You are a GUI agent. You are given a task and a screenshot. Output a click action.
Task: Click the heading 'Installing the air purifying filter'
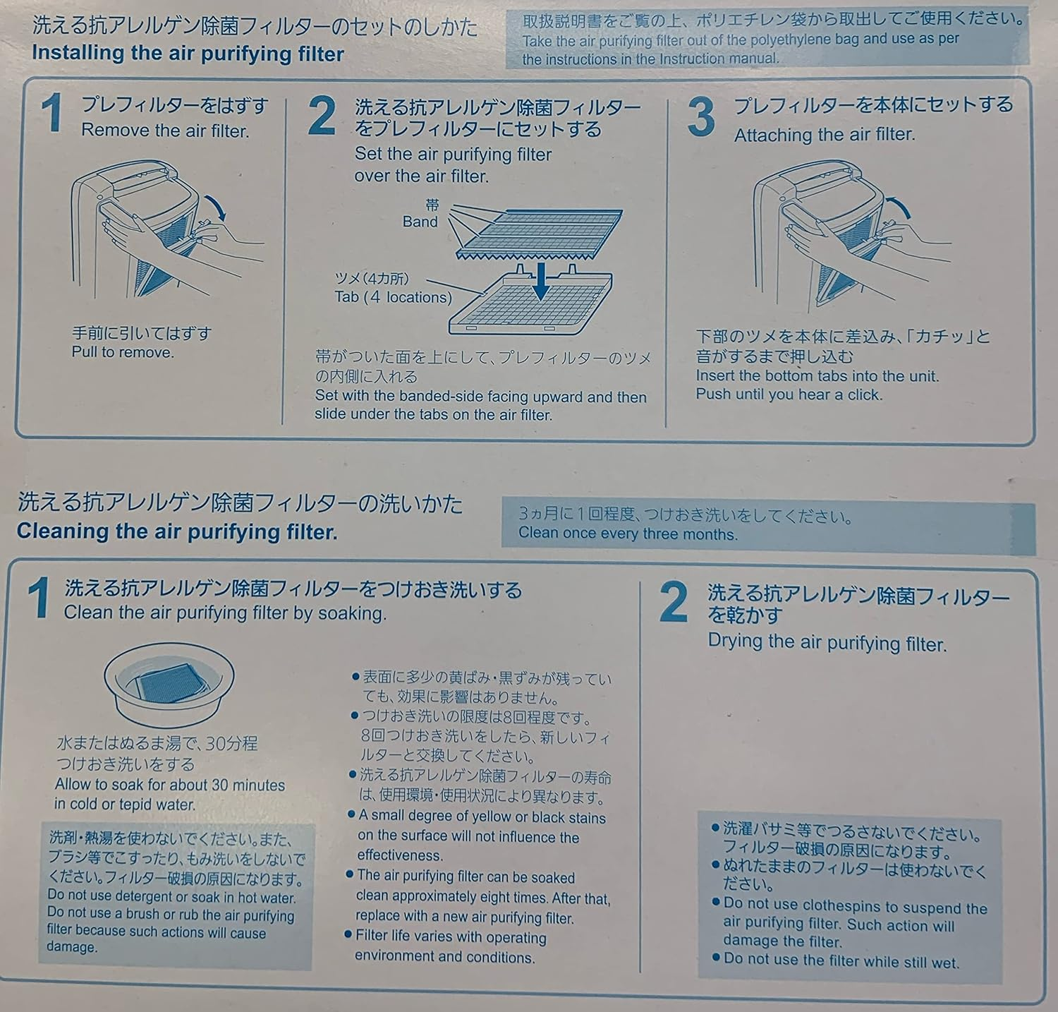click(188, 54)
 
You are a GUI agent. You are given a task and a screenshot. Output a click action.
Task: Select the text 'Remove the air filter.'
click(165, 131)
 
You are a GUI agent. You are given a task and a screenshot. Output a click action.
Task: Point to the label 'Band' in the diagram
click(420, 222)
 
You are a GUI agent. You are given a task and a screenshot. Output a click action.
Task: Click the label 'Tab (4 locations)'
click(393, 297)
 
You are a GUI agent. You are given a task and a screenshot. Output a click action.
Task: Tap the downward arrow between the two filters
click(541, 282)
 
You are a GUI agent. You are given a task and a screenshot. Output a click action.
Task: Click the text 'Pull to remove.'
click(123, 352)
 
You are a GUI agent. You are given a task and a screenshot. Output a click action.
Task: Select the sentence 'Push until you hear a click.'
click(789, 394)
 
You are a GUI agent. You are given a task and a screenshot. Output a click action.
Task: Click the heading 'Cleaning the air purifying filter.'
click(177, 531)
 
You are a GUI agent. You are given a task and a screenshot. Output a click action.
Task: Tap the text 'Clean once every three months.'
click(628, 534)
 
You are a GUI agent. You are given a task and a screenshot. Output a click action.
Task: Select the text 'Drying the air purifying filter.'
click(827, 643)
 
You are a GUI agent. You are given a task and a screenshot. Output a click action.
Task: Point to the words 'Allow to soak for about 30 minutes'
click(170, 785)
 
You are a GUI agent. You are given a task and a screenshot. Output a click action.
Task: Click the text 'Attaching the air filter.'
click(824, 135)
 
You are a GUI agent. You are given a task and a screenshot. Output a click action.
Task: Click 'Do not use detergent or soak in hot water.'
click(171, 898)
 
